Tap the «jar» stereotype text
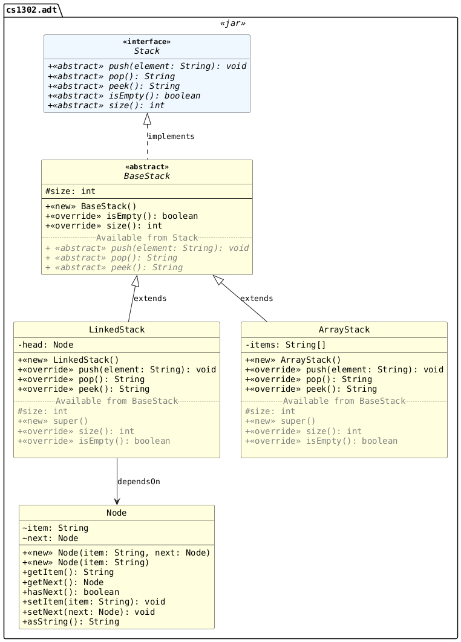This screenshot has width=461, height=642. coord(233,24)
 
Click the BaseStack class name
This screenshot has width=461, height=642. coord(146,176)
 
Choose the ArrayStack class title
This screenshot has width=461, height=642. coord(344,329)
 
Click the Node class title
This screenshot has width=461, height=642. coord(116,513)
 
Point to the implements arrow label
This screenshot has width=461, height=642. coord(171,136)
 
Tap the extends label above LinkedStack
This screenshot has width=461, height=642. coord(149,298)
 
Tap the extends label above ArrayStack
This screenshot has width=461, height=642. coord(256,298)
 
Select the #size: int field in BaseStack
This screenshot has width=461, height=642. coord(70,191)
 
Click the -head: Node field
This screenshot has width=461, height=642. coord(45,345)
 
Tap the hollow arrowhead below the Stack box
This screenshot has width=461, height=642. coord(146,119)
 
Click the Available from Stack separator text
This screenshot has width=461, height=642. coord(146,238)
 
